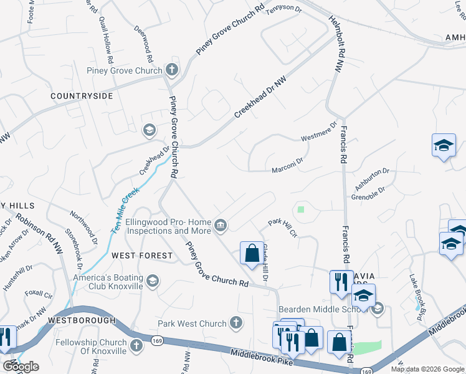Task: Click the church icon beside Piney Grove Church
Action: point(171,70)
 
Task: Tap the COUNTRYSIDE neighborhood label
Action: point(82,96)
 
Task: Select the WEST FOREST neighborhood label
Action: point(141,256)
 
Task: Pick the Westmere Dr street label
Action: point(318,135)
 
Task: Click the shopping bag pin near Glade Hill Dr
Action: point(252,254)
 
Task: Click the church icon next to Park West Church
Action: point(235,323)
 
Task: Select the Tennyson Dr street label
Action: point(283,11)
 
